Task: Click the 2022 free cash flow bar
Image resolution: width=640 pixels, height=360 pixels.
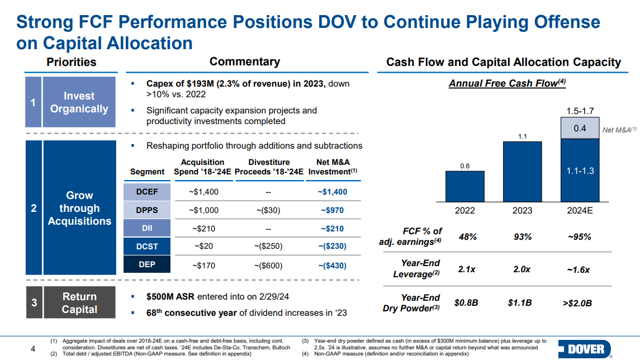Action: click(x=464, y=186)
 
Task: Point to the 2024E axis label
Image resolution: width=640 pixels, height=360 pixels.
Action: click(x=579, y=211)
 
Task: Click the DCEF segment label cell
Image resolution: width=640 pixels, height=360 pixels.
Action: click(x=146, y=192)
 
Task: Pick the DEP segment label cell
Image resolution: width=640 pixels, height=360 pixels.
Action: click(x=146, y=265)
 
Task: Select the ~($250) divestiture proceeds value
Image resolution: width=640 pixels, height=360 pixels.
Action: click(x=268, y=247)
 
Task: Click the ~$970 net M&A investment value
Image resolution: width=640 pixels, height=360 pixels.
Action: click(x=332, y=211)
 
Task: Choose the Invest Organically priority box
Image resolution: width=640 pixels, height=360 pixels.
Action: click(x=79, y=102)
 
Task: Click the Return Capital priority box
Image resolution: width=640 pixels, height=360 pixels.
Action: click(x=79, y=303)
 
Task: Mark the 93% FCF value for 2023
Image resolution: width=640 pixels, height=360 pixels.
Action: click(x=523, y=236)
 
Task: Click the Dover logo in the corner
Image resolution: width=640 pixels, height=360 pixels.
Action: click(x=583, y=349)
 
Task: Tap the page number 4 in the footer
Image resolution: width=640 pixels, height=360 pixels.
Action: click(x=33, y=350)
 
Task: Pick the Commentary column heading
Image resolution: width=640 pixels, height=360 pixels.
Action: click(x=244, y=62)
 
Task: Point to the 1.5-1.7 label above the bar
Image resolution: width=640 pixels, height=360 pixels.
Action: click(x=580, y=111)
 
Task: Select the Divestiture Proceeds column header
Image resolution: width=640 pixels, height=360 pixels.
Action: click(x=268, y=167)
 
